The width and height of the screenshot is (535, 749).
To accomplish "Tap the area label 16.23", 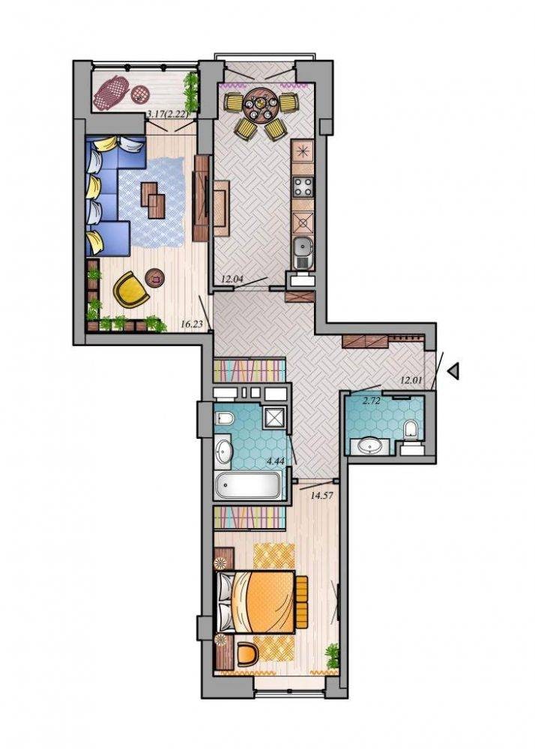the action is point(192,324).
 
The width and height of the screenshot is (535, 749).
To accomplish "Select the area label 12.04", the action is point(232,279).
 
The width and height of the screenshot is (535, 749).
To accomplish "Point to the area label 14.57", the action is point(321,495).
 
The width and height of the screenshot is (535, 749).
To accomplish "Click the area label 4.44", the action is point(275,461).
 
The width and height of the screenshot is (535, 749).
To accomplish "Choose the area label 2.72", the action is point(371,401).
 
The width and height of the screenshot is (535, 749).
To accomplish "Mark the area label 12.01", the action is point(411,380).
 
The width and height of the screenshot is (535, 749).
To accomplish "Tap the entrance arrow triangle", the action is point(454,371).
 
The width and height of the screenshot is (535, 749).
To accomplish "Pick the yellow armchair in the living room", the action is point(130,289).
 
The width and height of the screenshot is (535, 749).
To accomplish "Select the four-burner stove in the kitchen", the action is point(303,187).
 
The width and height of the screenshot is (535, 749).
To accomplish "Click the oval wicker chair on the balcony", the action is point(112,92).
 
